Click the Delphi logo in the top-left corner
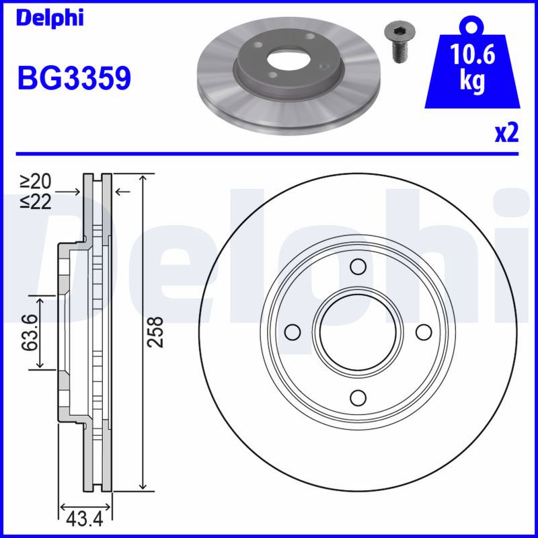tap(50, 18)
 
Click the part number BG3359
tap(74, 78)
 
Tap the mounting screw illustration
tap(399, 42)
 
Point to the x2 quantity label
tap(506, 133)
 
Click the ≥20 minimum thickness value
tap(36, 181)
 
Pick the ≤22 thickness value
tap(36, 201)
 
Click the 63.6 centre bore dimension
tap(29, 332)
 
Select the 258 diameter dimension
tap(155, 332)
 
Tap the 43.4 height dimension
tap(85, 519)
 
